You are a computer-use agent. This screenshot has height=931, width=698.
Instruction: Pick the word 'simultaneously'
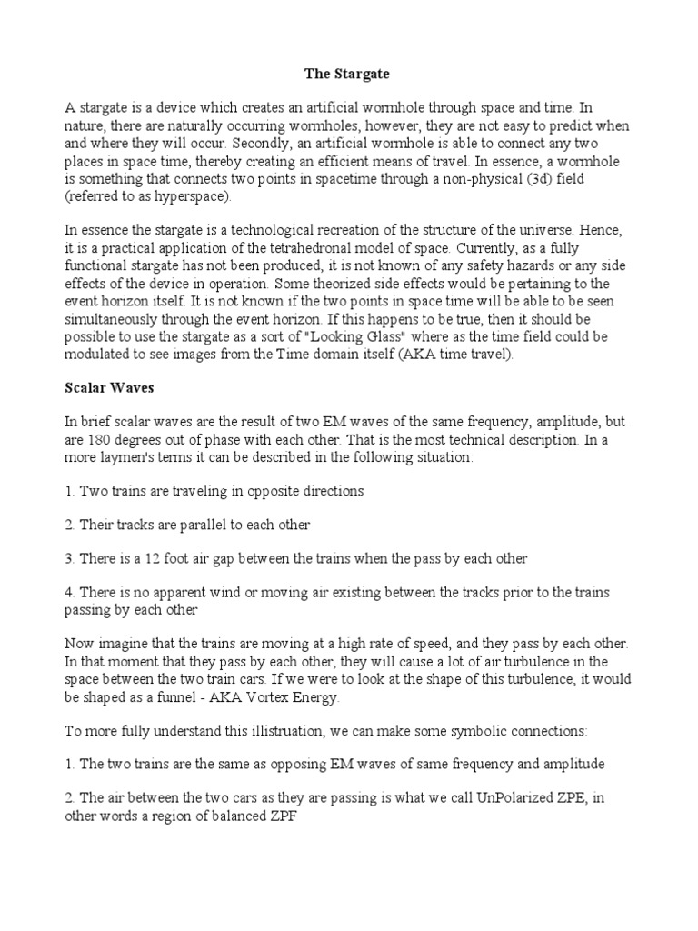click(x=109, y=320)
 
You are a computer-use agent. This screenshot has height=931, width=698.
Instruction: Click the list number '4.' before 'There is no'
click(x=71, y=593)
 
